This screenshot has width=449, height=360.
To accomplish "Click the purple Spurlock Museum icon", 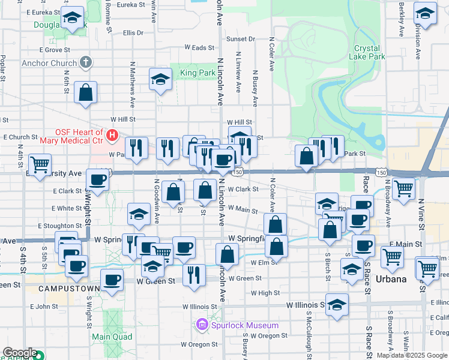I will (x=202, y=325).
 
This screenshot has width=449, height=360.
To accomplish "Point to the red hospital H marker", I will (x=112, y=136).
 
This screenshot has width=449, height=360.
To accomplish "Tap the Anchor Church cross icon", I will (x=86, y=62).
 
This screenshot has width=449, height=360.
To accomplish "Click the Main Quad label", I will (x=108, y=337).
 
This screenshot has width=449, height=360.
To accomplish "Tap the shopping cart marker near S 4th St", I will (x=40, y=164).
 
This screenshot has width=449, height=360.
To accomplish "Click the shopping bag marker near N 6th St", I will (x=86, y=92).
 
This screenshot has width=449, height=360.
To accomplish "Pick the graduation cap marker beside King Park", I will (x=160, y=80).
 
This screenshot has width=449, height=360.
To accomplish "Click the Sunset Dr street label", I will (x=240, y=39).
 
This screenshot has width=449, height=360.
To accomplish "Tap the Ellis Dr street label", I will (x=133, y=33).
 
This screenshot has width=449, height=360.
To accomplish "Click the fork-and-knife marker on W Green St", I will (x=193, y=275).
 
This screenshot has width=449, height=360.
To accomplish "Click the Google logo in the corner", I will (x=19, y=353).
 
